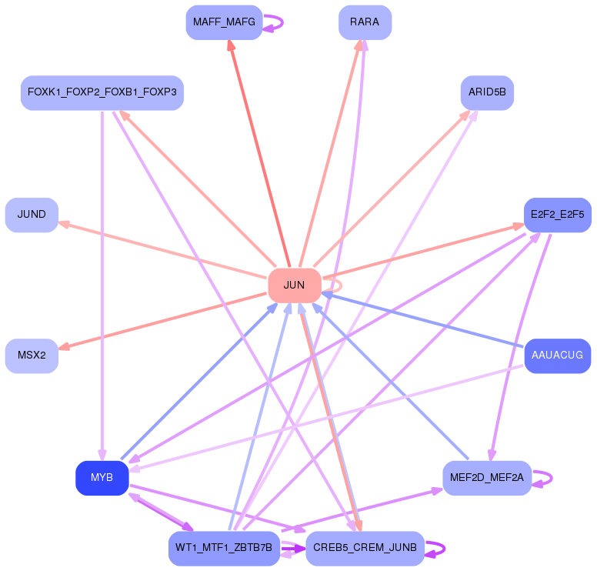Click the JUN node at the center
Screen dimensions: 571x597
point(294,285)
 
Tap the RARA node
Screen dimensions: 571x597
point(365,22)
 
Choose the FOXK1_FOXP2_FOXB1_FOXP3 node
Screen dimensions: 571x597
point(102,93)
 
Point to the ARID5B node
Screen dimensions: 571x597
point(487,93)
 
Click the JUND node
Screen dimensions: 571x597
point(32,215)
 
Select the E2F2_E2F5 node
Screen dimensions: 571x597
point(557,215)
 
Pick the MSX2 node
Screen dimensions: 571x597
point(32,356)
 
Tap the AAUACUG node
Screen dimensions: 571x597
point(557,356)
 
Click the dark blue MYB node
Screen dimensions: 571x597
point(102,478)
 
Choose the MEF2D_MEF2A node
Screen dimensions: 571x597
point(487,478)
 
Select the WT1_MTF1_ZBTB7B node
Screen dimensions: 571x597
point(224,548)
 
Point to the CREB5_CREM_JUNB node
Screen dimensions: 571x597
point(365,548)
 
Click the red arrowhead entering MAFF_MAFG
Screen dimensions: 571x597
point(230,45)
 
